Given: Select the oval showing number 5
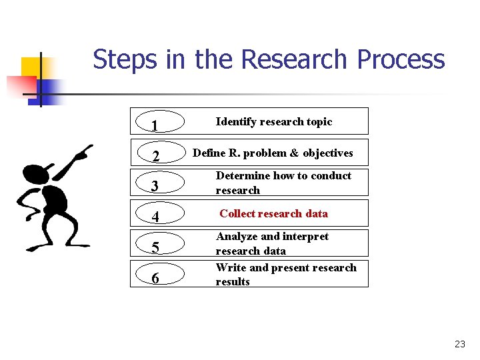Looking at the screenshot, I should [x=156, y=247].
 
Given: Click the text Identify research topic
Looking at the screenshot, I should [x=273, y=121].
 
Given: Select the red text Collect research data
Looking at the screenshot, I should [x=273, y=213].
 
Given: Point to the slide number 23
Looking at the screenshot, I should [x=459, y=344].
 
